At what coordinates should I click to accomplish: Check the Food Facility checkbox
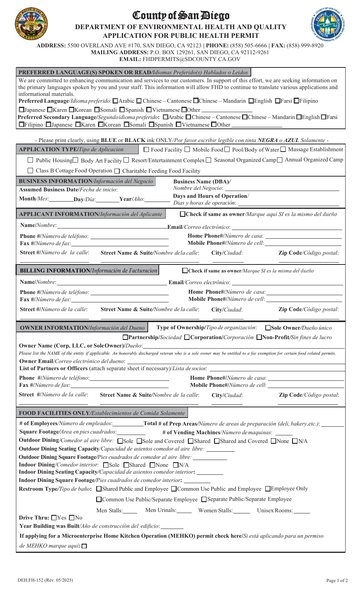147,150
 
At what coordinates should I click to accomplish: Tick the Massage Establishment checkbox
283,149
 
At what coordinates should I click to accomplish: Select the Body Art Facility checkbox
75,160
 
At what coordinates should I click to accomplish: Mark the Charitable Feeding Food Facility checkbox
117,171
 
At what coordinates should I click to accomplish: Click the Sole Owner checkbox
268,328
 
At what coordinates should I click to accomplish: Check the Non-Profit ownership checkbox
259,337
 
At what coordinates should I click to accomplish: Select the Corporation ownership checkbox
187,337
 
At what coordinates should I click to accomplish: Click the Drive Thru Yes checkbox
54,518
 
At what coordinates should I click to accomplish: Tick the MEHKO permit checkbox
84,546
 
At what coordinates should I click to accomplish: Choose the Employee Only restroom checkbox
268,489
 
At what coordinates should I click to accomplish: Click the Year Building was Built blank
172,526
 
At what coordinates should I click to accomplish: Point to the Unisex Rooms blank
302,511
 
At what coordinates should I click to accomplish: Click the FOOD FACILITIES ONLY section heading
102,413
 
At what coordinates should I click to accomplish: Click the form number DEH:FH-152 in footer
45,580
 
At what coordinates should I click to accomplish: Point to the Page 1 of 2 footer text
337,580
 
